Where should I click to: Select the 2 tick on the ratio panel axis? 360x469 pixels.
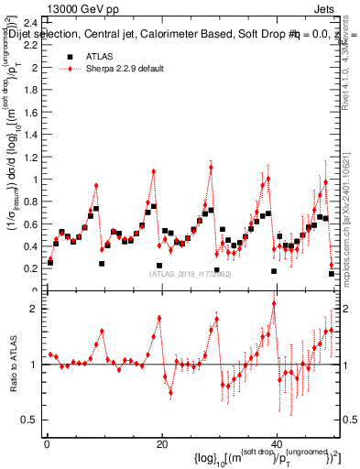[35, 309]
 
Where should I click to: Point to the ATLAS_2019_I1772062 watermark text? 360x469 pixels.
[190, 274]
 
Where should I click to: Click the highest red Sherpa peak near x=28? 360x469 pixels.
[211, 168]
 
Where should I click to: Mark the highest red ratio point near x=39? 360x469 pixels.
[273, 329]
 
